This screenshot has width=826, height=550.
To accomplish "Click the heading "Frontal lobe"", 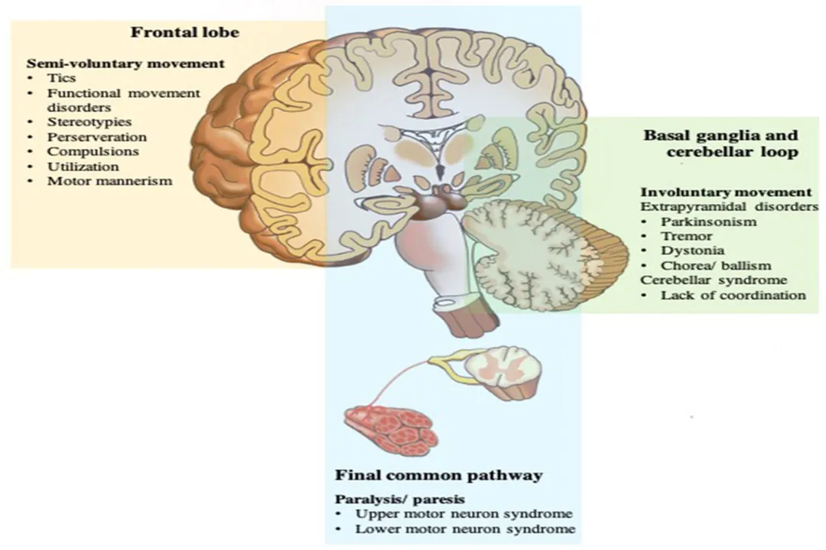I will (x=184, y=32).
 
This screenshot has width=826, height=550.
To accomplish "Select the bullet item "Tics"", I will (x=62, y=78).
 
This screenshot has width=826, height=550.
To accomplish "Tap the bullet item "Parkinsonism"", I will (x=709, y=222).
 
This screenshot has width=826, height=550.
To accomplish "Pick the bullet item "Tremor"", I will (x=687, y=236).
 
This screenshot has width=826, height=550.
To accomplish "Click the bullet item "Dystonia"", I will (x=693, y=251).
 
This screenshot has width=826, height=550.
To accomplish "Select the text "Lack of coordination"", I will (x=733, y=295).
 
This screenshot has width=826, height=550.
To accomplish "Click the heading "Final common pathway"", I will (x=439, y=475).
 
